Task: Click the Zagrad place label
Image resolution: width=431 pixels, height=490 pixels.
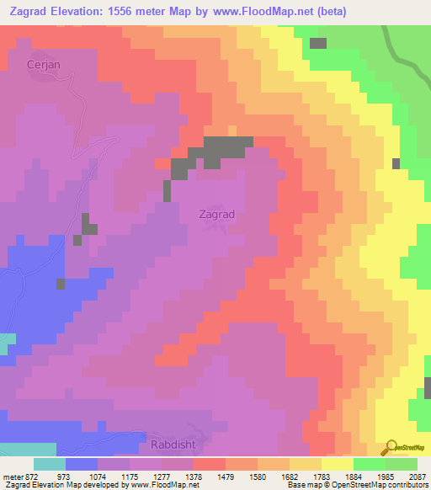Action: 216,214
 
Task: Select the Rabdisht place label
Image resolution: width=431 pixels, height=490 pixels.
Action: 172,444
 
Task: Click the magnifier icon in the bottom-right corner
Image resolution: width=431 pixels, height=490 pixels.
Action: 391,447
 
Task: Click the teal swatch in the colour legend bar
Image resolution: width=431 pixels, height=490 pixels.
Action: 50,464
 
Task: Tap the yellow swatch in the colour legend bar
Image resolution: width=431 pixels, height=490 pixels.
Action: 338,464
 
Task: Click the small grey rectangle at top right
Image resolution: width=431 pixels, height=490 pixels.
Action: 317,43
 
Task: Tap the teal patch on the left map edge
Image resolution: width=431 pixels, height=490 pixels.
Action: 7,344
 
